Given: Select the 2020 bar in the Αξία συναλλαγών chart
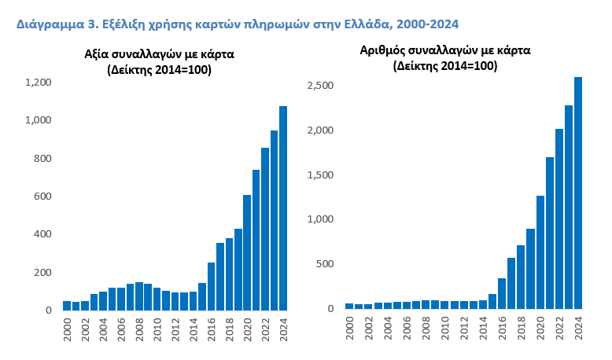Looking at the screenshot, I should [x=247, y=252].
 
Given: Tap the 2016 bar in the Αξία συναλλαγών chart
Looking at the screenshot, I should [x=211, y=286].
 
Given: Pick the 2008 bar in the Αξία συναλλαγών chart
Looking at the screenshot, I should [x=139, y=296].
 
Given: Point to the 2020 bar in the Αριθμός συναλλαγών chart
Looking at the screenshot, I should [x=540, y=252].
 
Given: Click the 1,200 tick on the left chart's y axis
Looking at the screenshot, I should [x=38, y=83].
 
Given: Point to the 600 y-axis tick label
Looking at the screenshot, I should [x=42, y=197].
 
